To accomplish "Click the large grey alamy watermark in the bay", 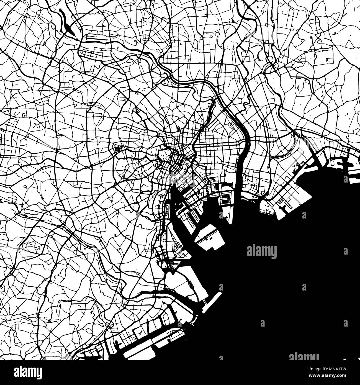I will click(261, 251).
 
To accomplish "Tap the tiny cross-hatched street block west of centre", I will click(117, 150).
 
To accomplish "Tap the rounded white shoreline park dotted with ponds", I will click(266, 207).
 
